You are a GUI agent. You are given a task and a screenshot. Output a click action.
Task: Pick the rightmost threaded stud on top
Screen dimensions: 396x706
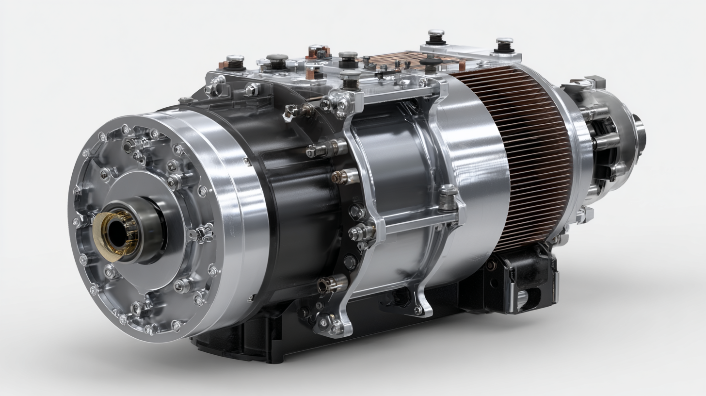point(504,45)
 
